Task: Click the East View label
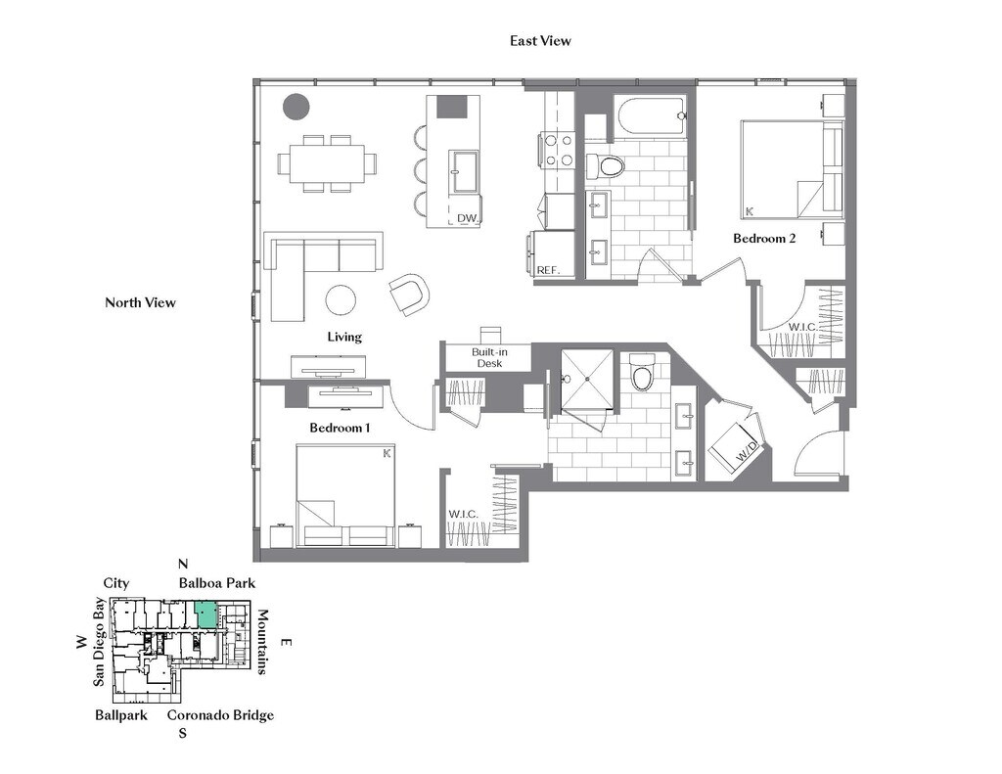(540, 41)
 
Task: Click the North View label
(140, 302)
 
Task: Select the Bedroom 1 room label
(340, 428)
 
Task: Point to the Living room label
(344, 337)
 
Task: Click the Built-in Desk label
(489, 357)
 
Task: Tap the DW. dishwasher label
(467, 218)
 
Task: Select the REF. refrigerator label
(547, 269)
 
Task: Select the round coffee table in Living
(342, 299)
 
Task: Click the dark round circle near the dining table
(296, 106)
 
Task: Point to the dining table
(327, 162)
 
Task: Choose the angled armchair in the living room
(409, 294)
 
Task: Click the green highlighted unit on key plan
(205, 614)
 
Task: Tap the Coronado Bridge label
(220, 715)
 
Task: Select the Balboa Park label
(216, 583)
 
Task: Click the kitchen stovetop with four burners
(559, 150)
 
